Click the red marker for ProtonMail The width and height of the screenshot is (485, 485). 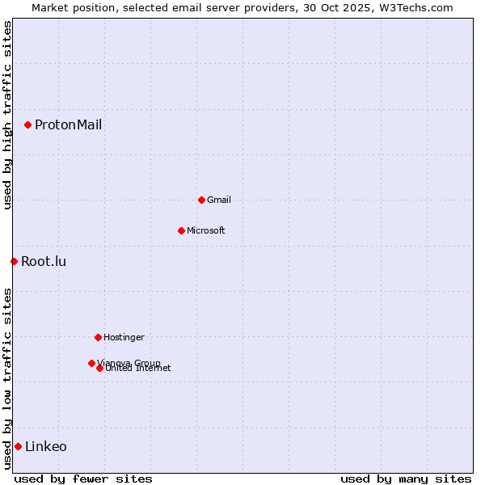(x=27, y=124)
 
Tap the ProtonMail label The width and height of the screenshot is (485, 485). (x=68, y=124)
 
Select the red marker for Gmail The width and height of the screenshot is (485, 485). (x=201, y=200)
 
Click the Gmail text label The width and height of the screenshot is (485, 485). (x=219, y=200)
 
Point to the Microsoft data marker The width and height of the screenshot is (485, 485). (x=181, y=230)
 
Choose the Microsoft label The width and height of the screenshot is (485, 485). (x=205, y=230)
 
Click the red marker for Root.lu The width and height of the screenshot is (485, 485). (x=14, y=261)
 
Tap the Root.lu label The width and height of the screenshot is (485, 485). (x=44, y=261)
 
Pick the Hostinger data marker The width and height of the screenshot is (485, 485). (x=98, y=337)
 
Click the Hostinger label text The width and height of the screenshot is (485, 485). (x=124, y=337)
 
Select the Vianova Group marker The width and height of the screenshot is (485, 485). (x=91, y=363)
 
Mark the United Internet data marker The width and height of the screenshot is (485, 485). (x=99, y=369)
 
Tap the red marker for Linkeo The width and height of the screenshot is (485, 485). (x=18, y=446)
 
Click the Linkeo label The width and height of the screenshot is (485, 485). (x=46, y=446)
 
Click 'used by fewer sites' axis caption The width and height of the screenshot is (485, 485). (x=83, y=479)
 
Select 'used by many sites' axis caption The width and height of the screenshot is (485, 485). (x=406, y=479)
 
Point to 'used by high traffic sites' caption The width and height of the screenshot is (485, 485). (x=7, y=115)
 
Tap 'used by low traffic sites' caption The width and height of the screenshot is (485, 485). (x=7, y=378)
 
